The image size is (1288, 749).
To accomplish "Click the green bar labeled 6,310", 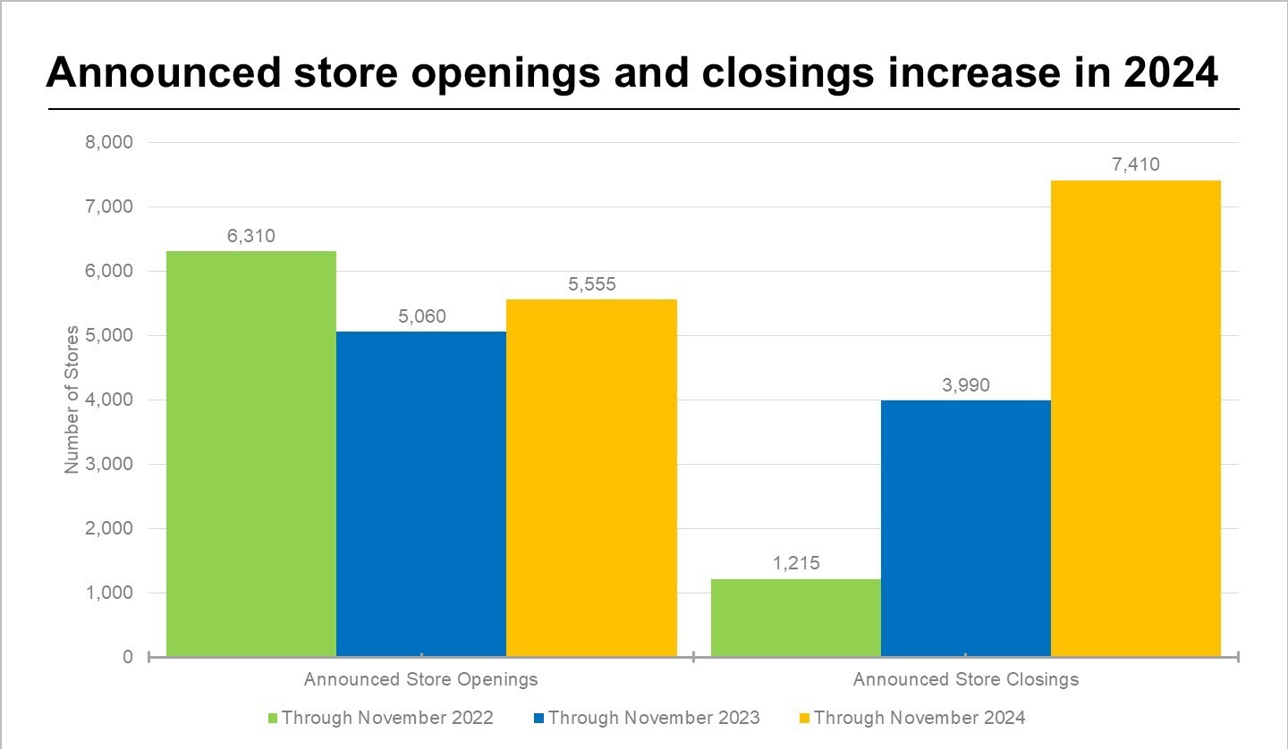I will (250, 454).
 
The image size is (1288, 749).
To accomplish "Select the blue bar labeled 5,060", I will (420, 494).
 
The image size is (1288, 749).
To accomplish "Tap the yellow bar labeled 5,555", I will (591, 478).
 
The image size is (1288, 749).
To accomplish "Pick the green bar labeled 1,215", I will (795, 618).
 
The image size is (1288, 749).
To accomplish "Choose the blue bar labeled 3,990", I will (965, 528).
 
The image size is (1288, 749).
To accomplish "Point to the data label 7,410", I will (1135, 165).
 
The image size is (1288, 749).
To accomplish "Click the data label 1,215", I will (795, 564).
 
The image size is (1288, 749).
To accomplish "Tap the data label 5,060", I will (420, 316).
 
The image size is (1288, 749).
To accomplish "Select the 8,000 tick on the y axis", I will (109, 142).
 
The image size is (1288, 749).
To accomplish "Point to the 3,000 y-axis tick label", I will (109, 464).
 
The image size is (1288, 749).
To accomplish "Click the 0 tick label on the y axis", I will (127, 657).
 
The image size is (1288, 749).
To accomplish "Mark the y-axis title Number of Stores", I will (72, 399).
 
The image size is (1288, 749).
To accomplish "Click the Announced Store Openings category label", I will (420, 679).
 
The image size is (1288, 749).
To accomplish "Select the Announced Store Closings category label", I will (965, 679).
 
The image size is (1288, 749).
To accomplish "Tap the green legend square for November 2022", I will (273, 718).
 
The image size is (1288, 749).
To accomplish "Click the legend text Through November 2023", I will (654, 718).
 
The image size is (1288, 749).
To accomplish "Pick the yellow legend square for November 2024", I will (804, 718).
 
